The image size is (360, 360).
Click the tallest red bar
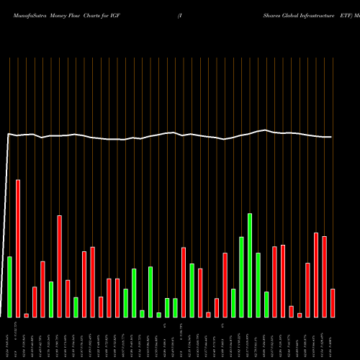[18, 248]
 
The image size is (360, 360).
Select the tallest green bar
[250, 265]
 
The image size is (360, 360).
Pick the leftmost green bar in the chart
[10, 287]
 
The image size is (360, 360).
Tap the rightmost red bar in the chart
[333, 302]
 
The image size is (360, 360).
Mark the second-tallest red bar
[60, 266]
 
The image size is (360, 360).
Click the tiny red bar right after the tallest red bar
[27, 315]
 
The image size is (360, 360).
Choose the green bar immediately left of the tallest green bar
[241, 276]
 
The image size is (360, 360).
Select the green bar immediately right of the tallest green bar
[258, 284]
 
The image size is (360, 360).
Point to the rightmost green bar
[266, 304]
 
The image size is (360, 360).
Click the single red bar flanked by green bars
[184, 282]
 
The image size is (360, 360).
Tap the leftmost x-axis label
[10, 338]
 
